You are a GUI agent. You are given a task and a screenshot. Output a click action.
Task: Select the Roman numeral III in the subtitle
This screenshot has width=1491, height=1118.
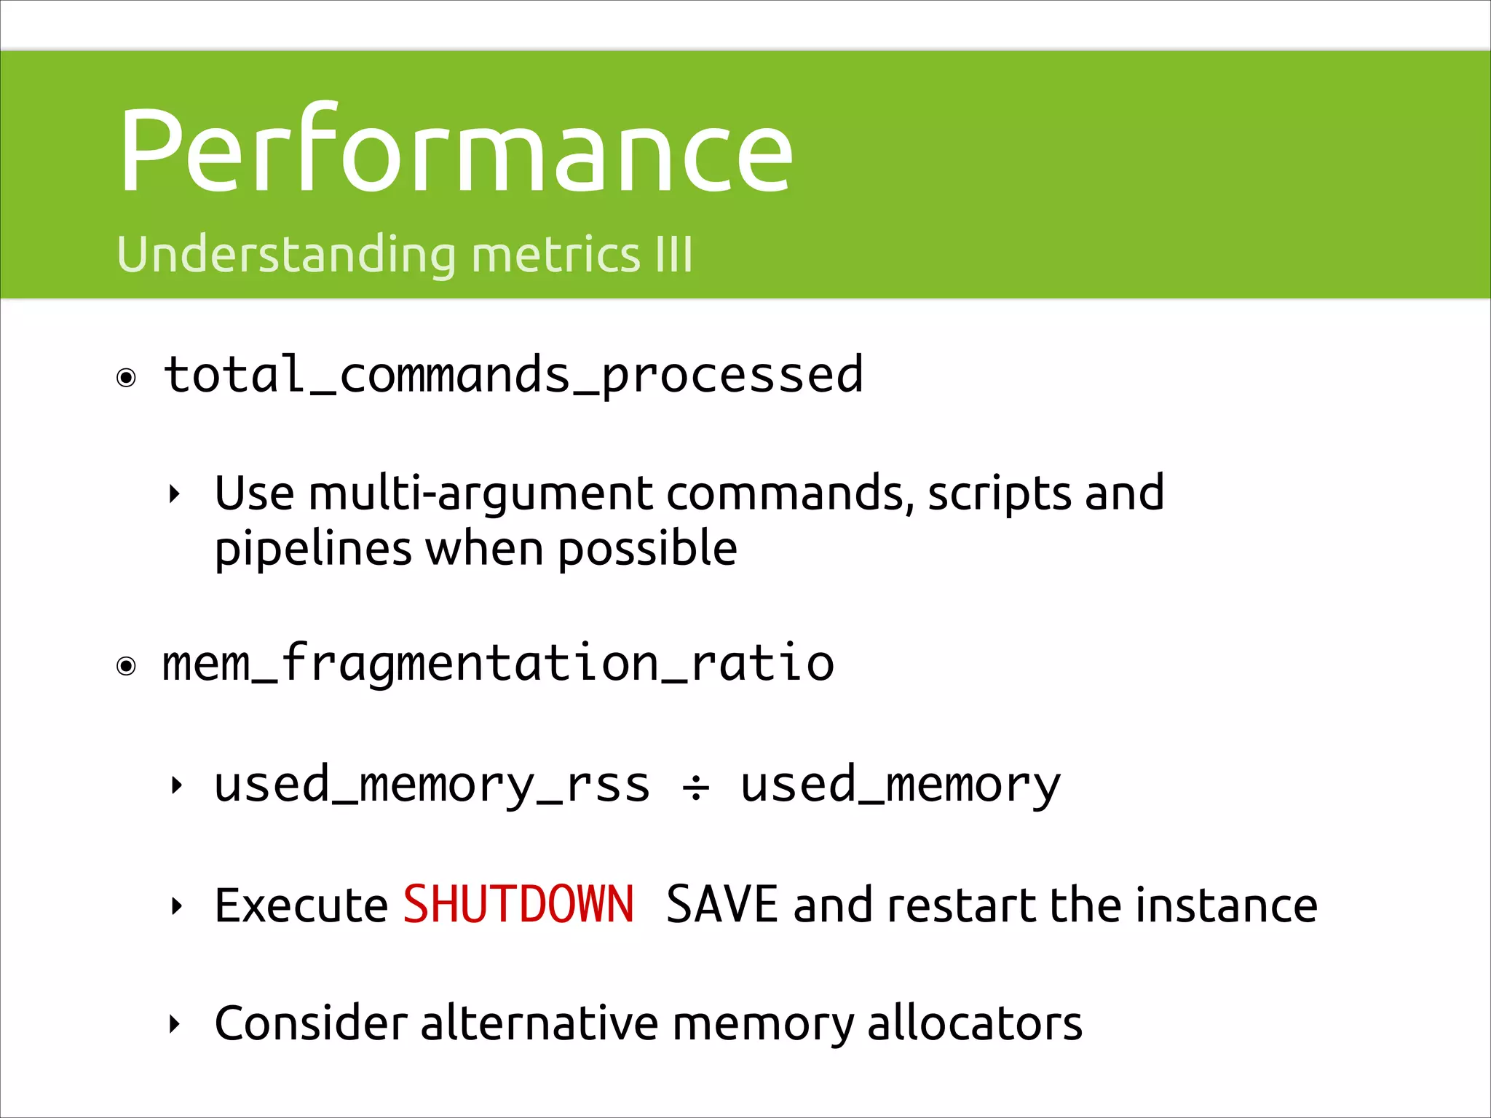coord(673,255)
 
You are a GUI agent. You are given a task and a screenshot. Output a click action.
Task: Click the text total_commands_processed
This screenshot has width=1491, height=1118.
coord(513,376)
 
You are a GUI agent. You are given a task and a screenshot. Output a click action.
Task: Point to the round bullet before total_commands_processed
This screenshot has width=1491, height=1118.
coord(127,378)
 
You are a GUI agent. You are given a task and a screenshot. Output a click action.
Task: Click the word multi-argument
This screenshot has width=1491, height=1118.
coord(480,493)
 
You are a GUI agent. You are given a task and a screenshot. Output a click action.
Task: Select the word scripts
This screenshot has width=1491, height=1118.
coord(998,493)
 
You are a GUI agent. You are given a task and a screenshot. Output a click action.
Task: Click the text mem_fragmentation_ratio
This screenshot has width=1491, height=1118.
coord(498,664)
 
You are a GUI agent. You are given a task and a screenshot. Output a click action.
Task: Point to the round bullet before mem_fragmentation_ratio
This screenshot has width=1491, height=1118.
coord(127,666)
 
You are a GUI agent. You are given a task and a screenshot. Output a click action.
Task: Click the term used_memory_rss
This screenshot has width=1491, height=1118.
coord(432,786)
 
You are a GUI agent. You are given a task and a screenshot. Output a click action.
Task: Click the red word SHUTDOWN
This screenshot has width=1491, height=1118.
coord(518,905)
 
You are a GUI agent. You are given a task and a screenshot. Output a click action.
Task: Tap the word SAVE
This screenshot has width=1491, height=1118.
coord(722,905)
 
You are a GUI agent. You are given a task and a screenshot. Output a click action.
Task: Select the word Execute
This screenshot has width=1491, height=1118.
coord(301,906)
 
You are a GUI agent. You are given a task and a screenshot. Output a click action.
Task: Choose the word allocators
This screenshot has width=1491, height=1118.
coord(975,1024)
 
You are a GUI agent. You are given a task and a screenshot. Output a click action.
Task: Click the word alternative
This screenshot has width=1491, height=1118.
coord(539,1024)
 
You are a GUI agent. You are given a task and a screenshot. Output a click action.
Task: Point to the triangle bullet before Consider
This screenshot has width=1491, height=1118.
coord(174,1025)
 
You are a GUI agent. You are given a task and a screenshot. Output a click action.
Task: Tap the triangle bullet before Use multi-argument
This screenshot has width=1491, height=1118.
coord(174,495)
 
